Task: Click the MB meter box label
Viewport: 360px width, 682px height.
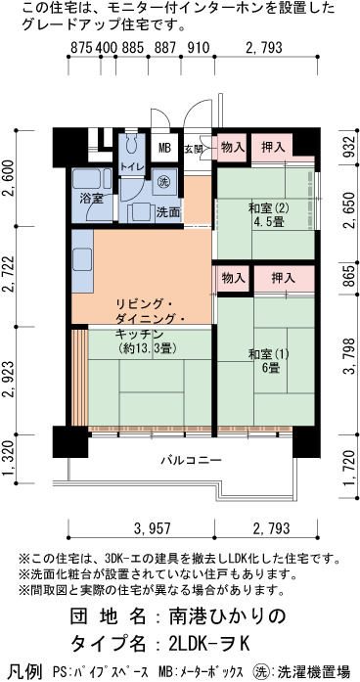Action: [x=164, y=149]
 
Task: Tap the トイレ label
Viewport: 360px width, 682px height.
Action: [x=130, y=165]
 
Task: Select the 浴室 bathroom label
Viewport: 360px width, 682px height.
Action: [x=91, y=199]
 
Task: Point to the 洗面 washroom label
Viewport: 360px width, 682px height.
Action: [x=168, y=212]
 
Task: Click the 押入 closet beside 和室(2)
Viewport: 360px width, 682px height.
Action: [x=273, y=148]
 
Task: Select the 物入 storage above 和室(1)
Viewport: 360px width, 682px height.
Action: [x=234, y=278]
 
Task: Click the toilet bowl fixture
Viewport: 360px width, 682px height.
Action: [x=130, y=142]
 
